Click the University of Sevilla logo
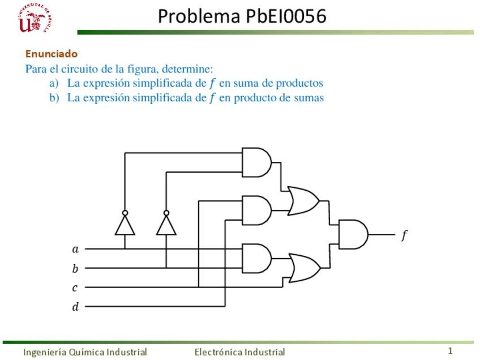(35, 19)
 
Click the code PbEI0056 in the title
(286, 16)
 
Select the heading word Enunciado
(52, 54)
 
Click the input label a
(75, 249)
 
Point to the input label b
(75, 269)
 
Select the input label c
(75, 288)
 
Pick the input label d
(75, 307)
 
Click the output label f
(404, 235)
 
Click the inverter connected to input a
(125, 225)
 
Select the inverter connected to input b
(166, 225)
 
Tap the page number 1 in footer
(451, 351)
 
